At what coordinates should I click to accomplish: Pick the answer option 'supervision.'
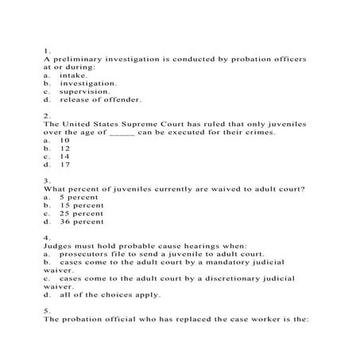coord(83,91)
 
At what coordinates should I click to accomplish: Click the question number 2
coord(47,116)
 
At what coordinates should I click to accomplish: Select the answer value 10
coord(64,141)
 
